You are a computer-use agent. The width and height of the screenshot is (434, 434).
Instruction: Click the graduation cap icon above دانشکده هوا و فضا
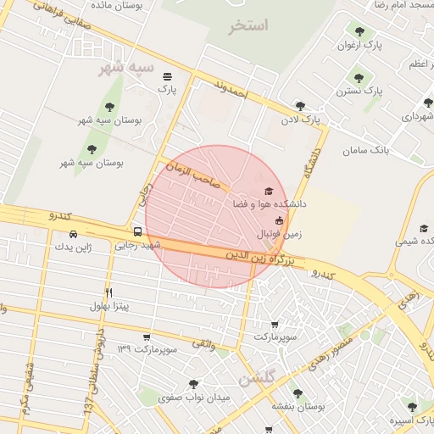pos(269,192)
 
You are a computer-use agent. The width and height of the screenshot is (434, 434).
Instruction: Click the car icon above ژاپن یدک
pos(73,234)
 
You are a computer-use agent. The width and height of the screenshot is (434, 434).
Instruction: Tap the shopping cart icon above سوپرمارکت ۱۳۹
pos(147,336)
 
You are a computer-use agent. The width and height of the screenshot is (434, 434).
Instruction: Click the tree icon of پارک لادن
pos(299,106)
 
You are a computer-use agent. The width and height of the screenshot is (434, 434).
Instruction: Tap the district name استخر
pos(248,26)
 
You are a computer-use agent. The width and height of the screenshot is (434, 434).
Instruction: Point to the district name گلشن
pos(257,380)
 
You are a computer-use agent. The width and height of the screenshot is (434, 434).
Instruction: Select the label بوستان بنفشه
pos(295,406)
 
